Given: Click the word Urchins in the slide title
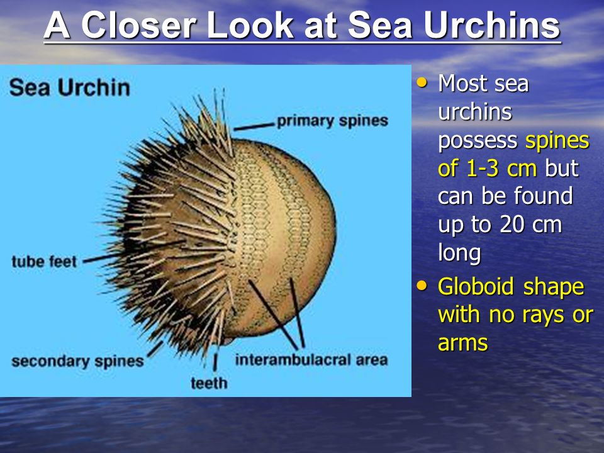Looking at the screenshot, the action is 492,25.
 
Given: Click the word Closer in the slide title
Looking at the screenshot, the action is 138,25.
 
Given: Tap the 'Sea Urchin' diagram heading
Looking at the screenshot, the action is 70,87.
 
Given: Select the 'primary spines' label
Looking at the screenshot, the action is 332,121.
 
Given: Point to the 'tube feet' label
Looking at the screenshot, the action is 44,262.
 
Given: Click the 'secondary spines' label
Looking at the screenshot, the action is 77,361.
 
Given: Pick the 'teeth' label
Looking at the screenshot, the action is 209,383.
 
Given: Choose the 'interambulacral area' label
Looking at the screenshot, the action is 311,360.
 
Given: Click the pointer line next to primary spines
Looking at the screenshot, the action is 254,126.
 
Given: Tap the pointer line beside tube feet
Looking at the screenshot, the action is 102,258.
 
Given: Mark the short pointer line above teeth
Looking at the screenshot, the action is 215,362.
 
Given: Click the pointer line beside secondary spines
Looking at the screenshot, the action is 155,349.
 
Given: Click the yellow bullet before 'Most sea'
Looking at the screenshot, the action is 422,82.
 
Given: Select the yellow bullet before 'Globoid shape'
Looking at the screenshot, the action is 422,286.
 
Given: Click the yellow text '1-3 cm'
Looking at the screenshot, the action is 501,169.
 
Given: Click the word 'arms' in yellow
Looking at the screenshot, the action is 463,343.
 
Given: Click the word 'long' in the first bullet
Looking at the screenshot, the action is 459,253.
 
